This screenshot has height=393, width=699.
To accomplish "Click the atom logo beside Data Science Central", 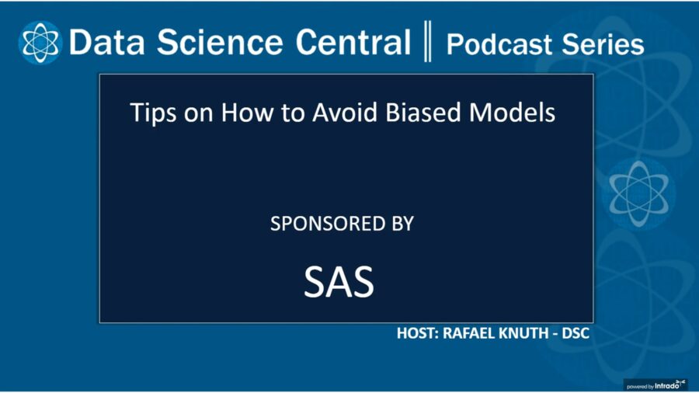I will pyautogui.click(x=40, y=42).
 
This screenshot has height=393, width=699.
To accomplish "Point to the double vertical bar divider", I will pyautogui.click(x=428, y=43).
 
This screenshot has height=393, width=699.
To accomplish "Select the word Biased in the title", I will pyautogui.click(x=423, y=113).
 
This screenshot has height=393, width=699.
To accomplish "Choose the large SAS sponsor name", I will pyautogui.click(x=339, y=283).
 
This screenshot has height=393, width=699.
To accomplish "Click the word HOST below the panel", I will pyautogui.click(x=419, y=334).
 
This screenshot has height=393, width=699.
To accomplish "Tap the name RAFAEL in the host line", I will pyautogui.click(x=473, y=334).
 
